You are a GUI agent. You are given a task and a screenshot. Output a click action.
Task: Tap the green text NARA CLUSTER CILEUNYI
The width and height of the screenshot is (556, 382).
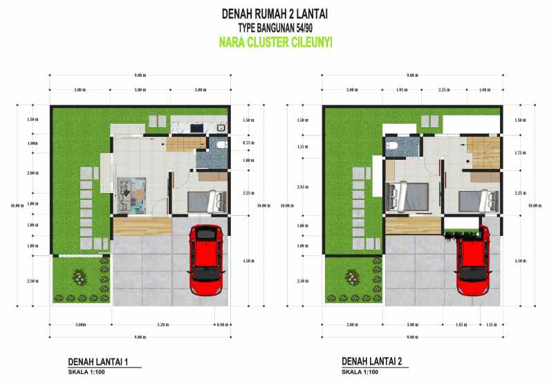pos(275,42)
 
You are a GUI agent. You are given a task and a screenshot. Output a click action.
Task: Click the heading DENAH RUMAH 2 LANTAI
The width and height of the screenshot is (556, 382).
pos(276,14)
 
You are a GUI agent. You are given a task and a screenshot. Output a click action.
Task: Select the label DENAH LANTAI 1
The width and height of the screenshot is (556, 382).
pos(100,362)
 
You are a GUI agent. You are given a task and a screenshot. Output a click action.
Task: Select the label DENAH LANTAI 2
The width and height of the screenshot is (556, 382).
pos(372,362)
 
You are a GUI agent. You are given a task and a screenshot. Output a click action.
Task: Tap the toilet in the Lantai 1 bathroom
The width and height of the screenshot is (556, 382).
pos(220,145)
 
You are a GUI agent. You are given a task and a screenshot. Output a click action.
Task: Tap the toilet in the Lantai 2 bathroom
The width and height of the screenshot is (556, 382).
pos(392,145)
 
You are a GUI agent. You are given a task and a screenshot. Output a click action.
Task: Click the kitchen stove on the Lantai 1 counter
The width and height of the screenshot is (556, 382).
pos(194,127)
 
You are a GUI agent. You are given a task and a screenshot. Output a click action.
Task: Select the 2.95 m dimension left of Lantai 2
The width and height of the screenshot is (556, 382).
pos(302,188)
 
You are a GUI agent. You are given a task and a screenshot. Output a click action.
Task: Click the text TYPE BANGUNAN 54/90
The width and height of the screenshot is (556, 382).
pos(275,28)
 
